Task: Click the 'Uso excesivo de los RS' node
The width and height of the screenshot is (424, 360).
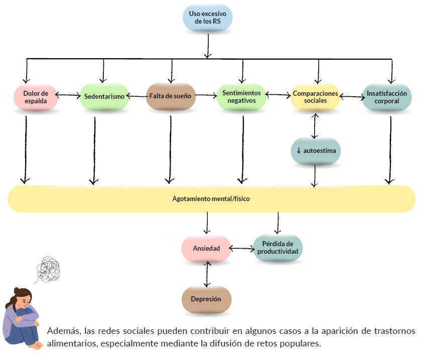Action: point(207,18)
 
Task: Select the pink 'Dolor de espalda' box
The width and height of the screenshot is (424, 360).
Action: point(36,97)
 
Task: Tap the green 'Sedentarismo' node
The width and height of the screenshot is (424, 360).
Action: point(104,96)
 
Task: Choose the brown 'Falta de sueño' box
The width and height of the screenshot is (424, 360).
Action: point(171,96)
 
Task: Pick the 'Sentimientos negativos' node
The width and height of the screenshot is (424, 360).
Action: point(241,97)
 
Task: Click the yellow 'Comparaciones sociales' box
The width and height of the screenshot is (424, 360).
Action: point(315,97)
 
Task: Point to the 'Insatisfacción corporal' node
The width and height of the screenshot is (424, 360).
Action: point(387,97)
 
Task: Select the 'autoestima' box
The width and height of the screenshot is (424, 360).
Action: point(316,151)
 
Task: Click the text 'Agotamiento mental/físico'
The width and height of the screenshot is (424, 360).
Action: point(211,199)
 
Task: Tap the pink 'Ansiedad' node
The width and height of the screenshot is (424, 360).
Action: point(206,248)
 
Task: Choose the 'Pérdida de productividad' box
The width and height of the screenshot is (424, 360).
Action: point(277,248)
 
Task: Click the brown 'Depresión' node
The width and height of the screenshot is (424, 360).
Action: point(206,299)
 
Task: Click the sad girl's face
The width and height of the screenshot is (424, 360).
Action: point(26,300)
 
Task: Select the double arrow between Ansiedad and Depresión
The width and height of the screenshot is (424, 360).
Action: point(207,274)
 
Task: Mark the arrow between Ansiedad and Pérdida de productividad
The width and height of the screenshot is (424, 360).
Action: point(242,248)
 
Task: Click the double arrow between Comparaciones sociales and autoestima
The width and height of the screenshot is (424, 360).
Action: point(315,126)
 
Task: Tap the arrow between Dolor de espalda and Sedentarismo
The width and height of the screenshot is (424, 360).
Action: point(68,95)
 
